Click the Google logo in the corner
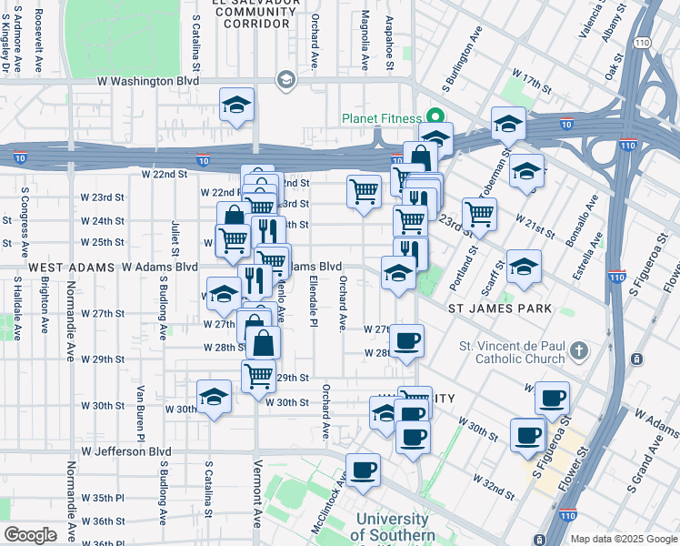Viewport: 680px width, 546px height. [x=31, y=534]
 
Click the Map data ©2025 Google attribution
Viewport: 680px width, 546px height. [x=623, y=539]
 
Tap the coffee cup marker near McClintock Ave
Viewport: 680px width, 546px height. [x=363, y=470]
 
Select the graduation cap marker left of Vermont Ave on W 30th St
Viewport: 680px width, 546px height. [x=215, y=397]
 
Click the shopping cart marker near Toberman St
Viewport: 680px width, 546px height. [x=479, y=214]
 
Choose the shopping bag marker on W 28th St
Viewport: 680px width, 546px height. [x=263, y=343]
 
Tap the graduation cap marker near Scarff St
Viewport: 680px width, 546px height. [x=524, y=267]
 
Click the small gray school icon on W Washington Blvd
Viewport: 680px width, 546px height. [x=285, y=81]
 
